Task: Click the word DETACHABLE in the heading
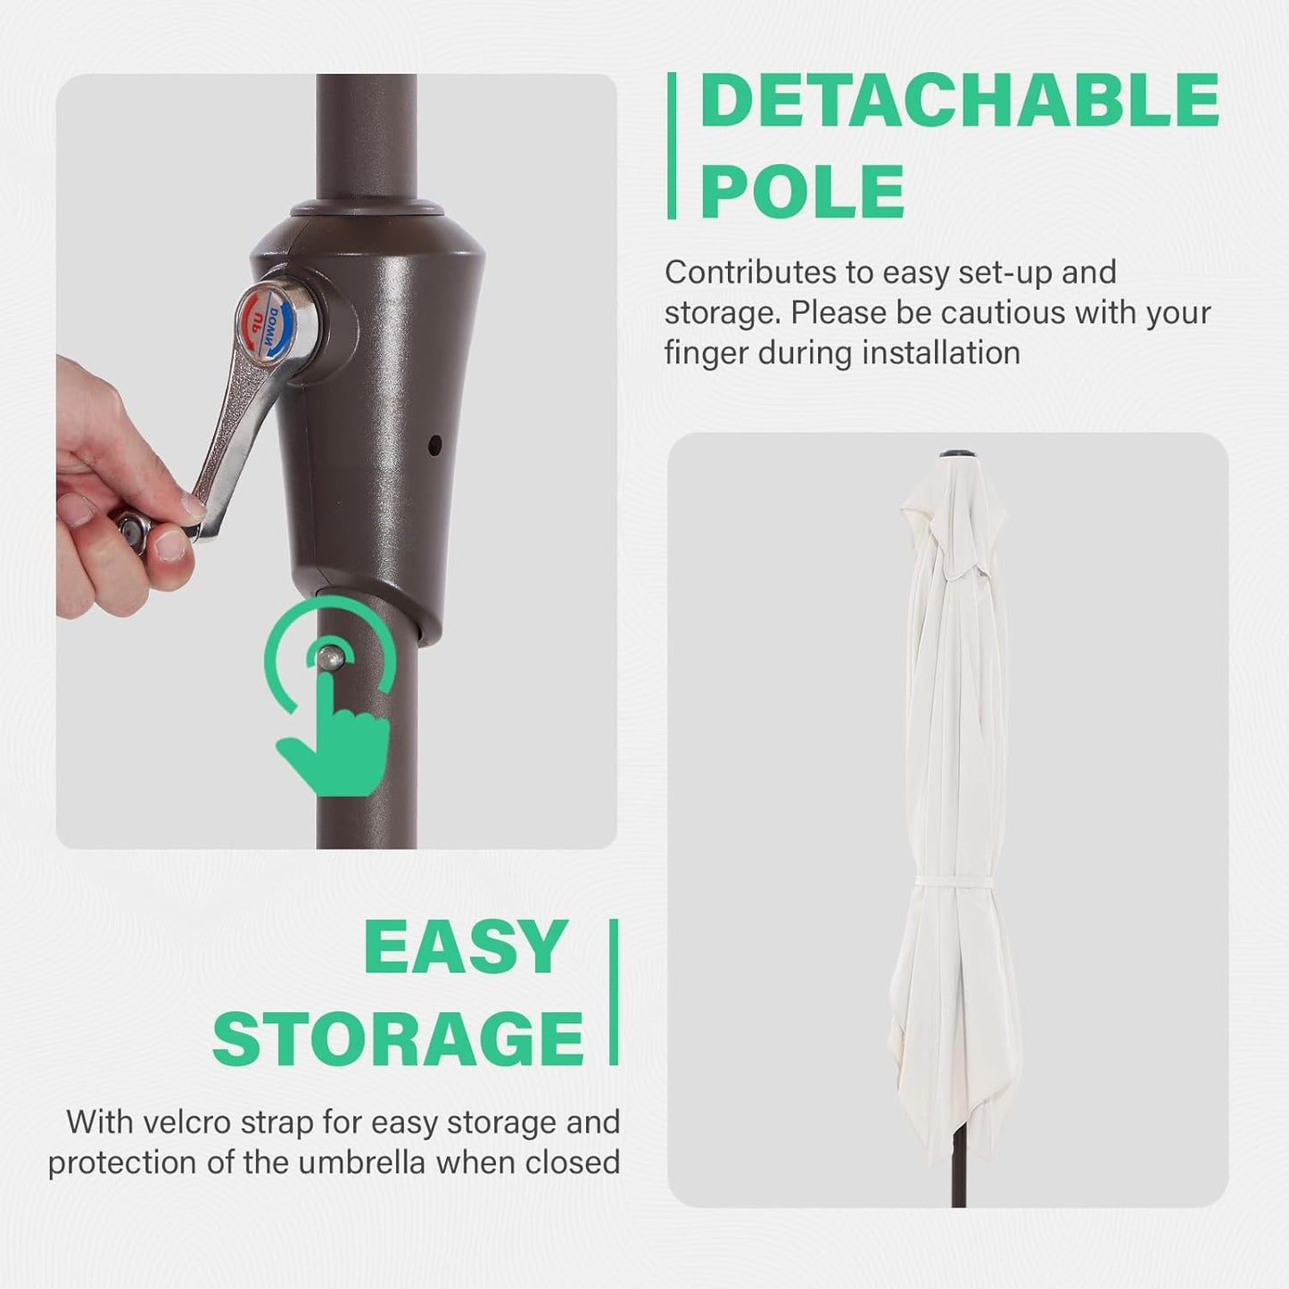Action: point(959,102)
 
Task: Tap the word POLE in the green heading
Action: point(802,191)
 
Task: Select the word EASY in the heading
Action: point(465,948)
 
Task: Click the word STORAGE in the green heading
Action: point(398,1039)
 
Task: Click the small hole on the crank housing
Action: point(434,443)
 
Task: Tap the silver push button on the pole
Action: point(331,657)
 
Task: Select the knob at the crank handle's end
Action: point(134,533)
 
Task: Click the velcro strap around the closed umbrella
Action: point(954,881)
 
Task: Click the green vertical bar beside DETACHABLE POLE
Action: point(672,145)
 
